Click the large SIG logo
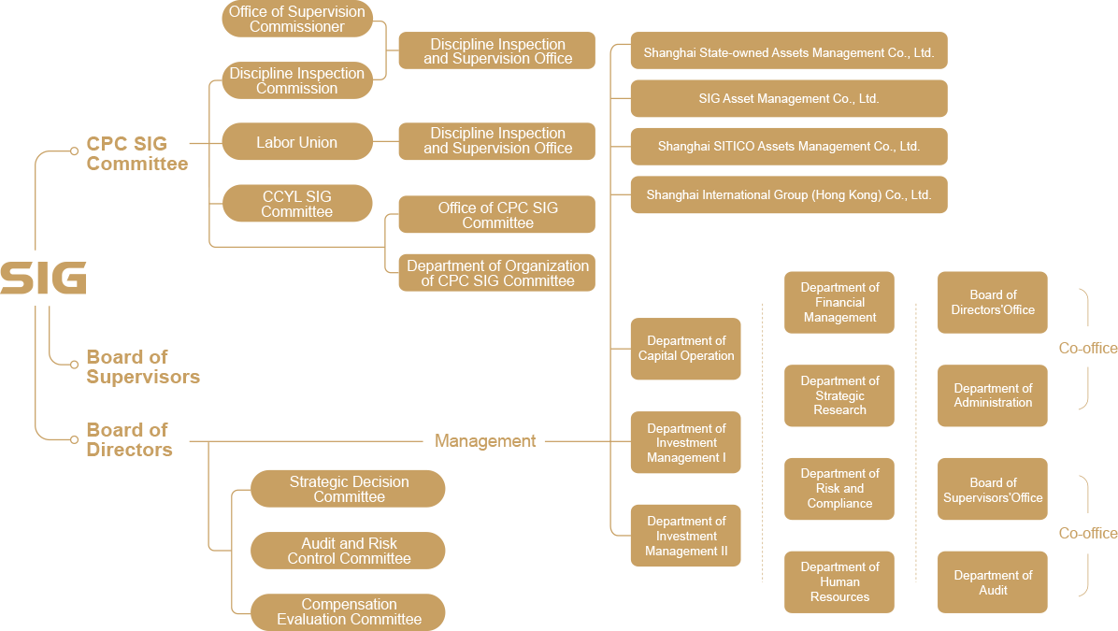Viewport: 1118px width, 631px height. pos(43,279)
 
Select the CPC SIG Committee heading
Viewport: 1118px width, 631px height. pos(136,154)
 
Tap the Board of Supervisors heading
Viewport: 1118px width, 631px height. pos(142,366)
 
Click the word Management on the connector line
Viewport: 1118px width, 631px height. pos(485,440)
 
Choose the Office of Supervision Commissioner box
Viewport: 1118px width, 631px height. pos(297,19)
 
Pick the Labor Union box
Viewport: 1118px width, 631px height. pos(296,142)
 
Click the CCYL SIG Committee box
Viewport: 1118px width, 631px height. pos(296,204)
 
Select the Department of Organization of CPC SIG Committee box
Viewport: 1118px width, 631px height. pos(497,273)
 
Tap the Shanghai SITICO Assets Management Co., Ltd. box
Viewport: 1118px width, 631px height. pos(788,147)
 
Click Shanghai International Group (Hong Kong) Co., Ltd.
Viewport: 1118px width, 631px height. pos(788,195)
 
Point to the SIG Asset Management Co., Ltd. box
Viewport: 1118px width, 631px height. pos(788,98)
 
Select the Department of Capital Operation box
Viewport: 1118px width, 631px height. pos(685,349)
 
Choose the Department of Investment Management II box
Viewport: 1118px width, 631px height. pos(685,536)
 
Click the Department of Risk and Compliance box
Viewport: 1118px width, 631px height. pos(838,489)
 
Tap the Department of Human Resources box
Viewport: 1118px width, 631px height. pos(838,581)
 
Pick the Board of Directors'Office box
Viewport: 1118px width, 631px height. pos(992,302)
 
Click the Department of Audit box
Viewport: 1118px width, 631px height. pos(992,582)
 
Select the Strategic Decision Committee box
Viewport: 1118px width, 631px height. pos(348,489)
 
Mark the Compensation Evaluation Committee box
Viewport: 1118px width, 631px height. pos(348,611)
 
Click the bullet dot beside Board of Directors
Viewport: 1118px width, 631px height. pos(74,438)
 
